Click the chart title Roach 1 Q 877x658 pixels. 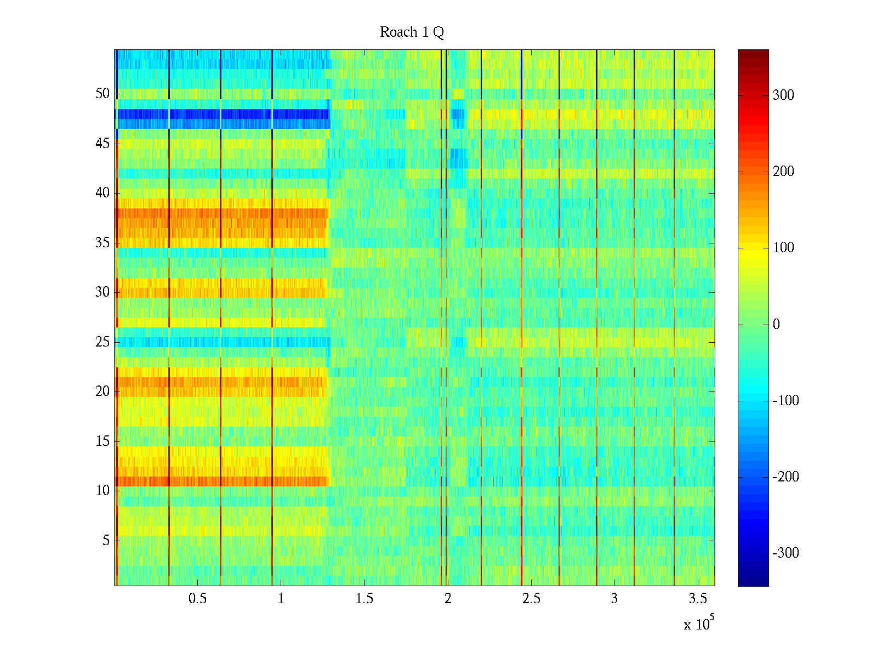tap(412, 32)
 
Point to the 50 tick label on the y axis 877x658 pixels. tap(102, 94)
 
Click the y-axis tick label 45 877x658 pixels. tap(102, 144)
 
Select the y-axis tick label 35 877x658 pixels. tap(102, 243)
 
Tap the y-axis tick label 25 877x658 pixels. tap(102, 342)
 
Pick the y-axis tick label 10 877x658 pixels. tap(102, 491)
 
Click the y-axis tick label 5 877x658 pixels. tap(106, 541)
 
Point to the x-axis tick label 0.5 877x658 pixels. tap(197, 599)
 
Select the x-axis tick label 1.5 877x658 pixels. tap(365, 599)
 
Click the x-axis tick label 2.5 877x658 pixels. tap(531, 599)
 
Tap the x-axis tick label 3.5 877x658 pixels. tap(698, 599)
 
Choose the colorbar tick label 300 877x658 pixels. tap(783, 95)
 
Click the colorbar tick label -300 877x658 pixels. tap(785, 553)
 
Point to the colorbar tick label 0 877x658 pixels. tap(776, 325)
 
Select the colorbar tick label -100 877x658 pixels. tap(785, 401)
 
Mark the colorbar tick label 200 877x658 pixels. tap(783, 172)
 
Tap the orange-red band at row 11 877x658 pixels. tap(247, 481)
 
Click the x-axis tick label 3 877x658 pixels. tap(614, 599)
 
